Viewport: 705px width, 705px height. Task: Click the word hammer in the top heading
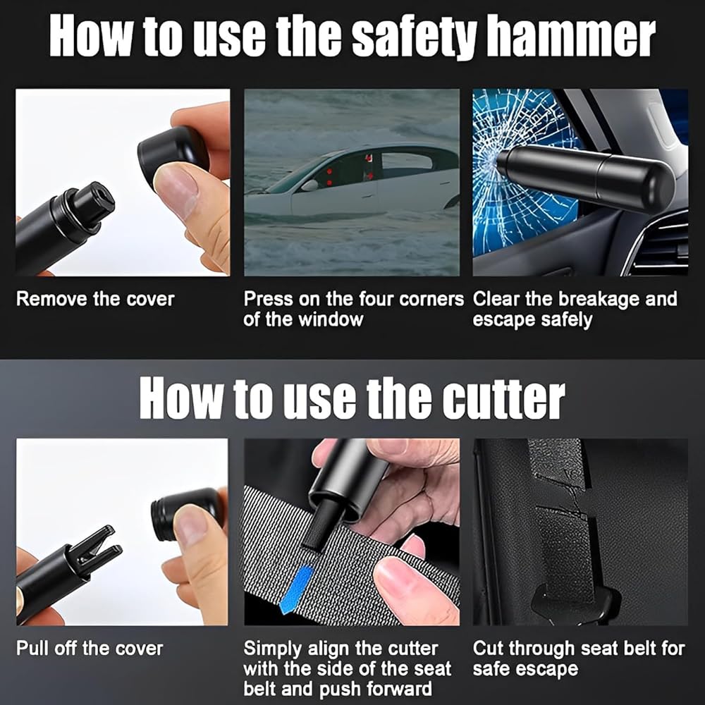click(571, 37)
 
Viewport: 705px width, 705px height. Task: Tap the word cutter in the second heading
click(503, 398)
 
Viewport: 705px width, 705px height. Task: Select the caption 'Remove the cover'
click(95, 299)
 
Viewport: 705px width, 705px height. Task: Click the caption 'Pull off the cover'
click(90, 649)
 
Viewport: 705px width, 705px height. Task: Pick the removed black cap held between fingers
click(173, 151)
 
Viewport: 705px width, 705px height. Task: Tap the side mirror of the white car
click(309, 185)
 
